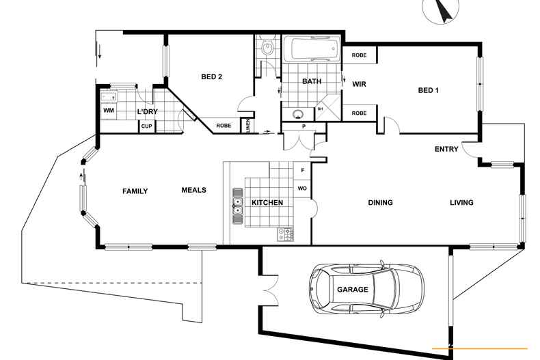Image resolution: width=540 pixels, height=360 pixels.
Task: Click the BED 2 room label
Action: [x=211, y=77]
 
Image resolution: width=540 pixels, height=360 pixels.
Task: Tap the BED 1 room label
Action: [x=428, y=90]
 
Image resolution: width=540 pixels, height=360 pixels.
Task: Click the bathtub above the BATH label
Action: [x=312, y=49]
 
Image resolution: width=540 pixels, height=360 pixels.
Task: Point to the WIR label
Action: [x=359, y=84]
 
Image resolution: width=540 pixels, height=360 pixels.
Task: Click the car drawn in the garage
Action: [x=366, y=289]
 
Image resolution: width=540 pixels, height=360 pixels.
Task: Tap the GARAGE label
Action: [x=352, y=290]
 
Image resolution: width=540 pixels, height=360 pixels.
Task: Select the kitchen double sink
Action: [x=237, y=206]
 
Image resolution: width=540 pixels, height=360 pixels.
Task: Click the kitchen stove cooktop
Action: [x=286, y=235]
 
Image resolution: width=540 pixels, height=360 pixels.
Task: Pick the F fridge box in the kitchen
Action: [x=303, y=170]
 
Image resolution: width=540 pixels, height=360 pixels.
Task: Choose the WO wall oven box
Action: [x=302, y=189]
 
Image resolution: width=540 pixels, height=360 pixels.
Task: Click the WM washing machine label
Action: [x=109, y=111]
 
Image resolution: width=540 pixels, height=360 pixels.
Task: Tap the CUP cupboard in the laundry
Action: [x=146, y=126]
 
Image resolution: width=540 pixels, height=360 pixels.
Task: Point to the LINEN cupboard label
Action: [x=247, y=126]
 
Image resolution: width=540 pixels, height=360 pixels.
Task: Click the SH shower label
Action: [x=320, y=109]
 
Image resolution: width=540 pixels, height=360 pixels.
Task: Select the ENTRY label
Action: [x=446, y=149]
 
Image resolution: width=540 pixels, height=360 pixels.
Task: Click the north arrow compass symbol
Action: [x=441, y=9]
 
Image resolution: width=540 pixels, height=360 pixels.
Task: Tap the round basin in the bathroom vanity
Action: [x=297, y=113]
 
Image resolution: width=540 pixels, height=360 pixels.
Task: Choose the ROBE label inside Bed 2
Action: [x=224, y=126]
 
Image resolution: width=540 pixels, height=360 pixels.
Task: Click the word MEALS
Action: [x=194, y=190]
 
